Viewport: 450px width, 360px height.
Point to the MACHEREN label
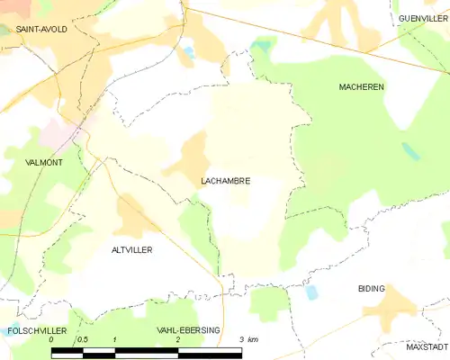click(361, 86)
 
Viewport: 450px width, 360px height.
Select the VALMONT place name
click(45, 163)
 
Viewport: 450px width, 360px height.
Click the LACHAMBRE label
click(225, 181)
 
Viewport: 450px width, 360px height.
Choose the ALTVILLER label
click(131, 249)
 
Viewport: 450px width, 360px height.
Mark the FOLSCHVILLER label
click(34, 331)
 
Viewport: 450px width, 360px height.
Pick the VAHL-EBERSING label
click(188, 331)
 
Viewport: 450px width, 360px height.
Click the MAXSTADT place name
click(427, 346)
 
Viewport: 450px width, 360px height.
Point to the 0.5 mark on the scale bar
click(82, 339)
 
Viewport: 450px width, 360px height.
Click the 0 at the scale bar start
click(51, 339)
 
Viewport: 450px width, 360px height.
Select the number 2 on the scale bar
click(178, 339)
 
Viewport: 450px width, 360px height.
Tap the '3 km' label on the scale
click(247, 339)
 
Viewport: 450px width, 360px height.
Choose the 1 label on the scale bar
click(114, 339)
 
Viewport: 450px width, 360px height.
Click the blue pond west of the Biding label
click(312, 292)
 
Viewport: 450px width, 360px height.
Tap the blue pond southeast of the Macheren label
click(410, 150)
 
